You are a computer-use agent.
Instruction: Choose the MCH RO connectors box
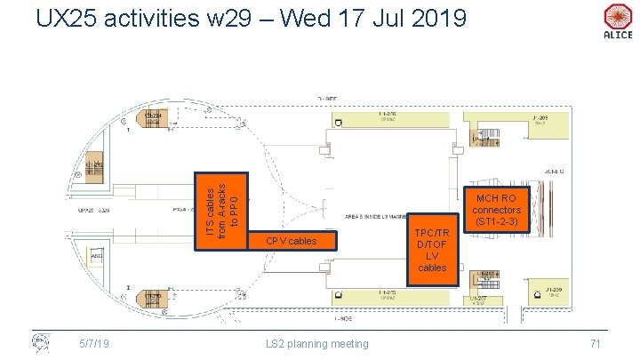point(498,209)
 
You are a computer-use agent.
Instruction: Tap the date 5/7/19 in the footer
point(93,344)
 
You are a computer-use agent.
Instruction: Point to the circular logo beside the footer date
point(39,342)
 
